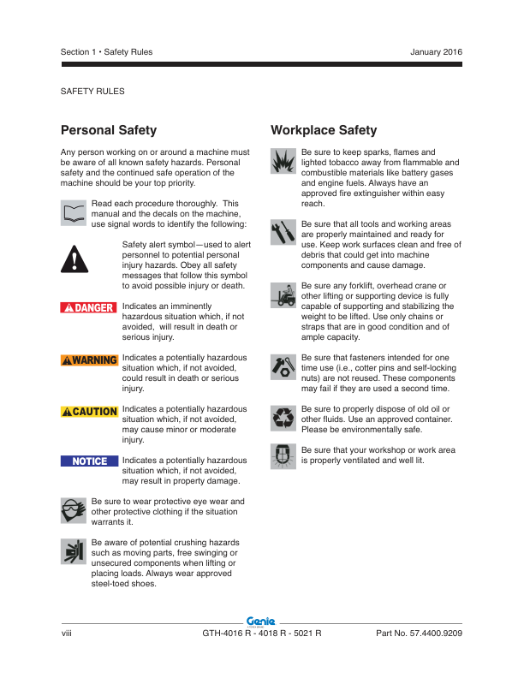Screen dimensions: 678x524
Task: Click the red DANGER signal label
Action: (x=89, y=307)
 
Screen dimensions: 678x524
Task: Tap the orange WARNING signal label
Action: (x=89, y=360)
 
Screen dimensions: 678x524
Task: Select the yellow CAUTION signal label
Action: (x=89, y=412)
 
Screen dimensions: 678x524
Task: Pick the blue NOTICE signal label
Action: (x=89, y=461)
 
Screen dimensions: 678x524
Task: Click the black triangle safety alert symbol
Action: (x=75, y=257)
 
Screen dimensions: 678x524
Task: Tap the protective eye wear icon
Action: (x=74, y=511)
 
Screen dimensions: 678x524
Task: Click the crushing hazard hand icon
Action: (x=74, y=552)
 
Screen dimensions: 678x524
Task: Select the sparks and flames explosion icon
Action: (x=283, y=160)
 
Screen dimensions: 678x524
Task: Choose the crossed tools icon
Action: (x=283, y=232)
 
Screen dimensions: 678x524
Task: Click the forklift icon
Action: (x=283, y=294)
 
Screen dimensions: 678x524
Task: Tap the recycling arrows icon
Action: (x=283, y=417)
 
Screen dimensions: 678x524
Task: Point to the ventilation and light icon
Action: (x=283, y=455)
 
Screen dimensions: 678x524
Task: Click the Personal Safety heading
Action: (x=109, y=131)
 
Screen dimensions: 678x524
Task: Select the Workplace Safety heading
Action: (x=324, y=131)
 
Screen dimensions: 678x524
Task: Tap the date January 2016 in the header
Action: (x=436, y=52)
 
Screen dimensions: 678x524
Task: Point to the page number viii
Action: (x=67, y=633)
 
